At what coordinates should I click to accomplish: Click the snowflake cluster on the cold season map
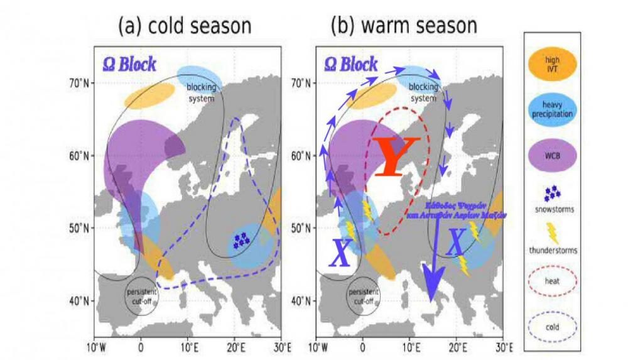[x=240, y=241]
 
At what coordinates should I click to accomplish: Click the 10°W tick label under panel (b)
[x=317, y=347]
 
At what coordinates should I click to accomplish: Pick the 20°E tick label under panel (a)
[x=235, y=347]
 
